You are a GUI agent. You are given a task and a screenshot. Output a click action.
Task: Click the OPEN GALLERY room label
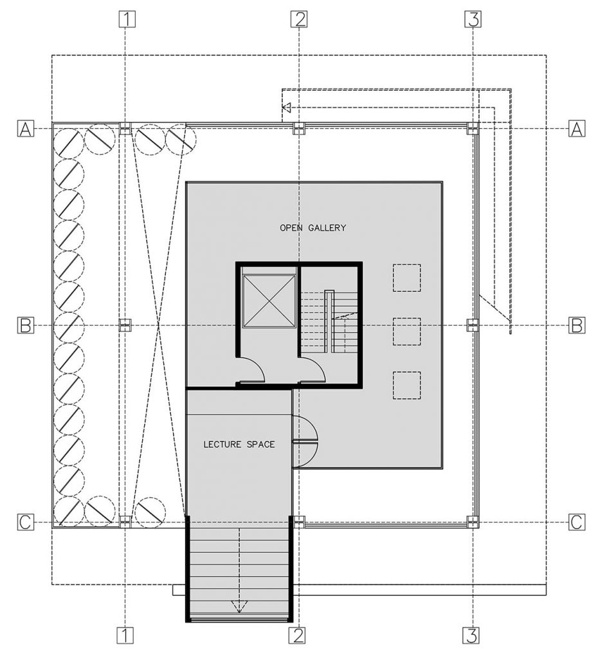313,228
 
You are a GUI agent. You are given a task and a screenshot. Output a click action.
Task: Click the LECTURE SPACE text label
239,444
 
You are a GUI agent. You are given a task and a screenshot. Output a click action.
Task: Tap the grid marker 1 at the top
127,19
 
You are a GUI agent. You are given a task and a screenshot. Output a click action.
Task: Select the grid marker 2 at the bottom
297,636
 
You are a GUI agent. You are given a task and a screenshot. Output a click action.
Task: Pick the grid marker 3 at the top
473,19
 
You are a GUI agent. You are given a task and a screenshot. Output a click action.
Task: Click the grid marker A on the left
25,129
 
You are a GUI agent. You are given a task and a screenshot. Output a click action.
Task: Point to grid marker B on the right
577,326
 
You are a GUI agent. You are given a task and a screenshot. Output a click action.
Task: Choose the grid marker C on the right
577,523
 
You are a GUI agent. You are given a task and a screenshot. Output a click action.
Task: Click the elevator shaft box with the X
268,301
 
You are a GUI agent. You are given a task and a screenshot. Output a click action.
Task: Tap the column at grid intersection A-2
298,129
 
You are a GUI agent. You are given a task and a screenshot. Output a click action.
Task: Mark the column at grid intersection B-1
126,325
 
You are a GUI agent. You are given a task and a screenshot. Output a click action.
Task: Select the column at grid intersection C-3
473,522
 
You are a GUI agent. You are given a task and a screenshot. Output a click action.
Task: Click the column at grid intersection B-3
473,326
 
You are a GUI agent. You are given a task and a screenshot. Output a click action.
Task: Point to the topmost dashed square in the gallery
407,277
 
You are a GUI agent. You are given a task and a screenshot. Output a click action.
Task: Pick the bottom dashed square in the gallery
407,385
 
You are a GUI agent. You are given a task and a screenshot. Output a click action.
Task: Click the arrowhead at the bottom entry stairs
239,606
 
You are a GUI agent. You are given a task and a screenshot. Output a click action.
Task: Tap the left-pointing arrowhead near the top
287,107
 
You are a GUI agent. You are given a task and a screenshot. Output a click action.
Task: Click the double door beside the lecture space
304,441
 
